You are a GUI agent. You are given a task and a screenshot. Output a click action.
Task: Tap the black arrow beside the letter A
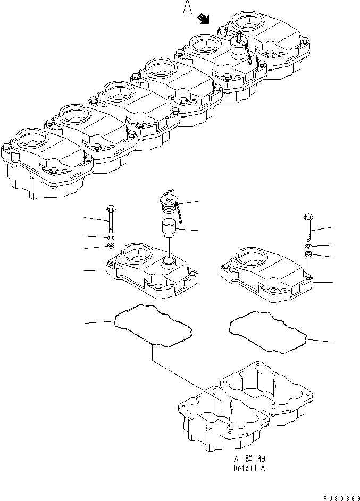pos(203,20)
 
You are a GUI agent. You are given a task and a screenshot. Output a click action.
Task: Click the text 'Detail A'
pos(249,469)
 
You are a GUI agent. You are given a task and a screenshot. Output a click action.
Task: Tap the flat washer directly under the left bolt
pos(111,236)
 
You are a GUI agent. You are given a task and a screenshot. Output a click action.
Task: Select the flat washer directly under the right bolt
pos(308,247)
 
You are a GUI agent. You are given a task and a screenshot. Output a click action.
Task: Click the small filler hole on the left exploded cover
pos(169,261)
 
